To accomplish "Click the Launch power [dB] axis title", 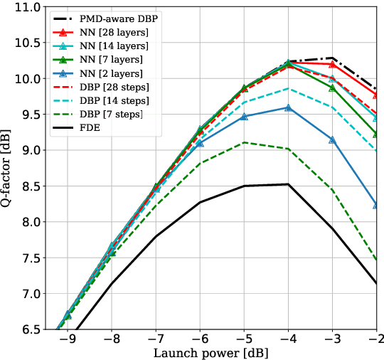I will click(211, 352).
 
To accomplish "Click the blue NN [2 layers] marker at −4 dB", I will click(288, 107).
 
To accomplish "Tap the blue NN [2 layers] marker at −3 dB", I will click(332, 139).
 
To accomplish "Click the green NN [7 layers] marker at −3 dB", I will click(332, 88).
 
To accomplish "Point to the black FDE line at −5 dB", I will click(244, 186).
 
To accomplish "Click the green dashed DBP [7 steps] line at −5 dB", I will click(244, 142).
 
